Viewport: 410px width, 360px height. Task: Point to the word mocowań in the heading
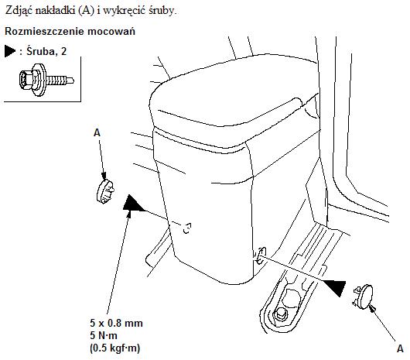[x=111, y=31]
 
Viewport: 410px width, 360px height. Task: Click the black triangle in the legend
[x=10, y=51]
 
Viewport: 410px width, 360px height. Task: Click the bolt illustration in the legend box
[x=46, y=80]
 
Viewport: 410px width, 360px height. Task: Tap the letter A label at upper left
[x=97, y=133]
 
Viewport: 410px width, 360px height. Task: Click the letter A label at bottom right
[x=400, y=348]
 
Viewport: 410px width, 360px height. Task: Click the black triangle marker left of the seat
[x=132, y=203]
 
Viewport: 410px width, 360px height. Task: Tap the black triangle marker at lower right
[x=335, y=287]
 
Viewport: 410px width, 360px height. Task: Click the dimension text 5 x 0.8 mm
[x=116, y=324]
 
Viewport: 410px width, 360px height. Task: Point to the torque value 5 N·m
[x=104, y=336]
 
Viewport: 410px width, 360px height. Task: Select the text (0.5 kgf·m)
[x=115, y=348]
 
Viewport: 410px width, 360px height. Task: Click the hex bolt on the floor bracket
[x=280, y=314]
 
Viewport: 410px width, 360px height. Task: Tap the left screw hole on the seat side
[x=186, y=228]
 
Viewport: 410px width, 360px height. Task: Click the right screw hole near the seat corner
[x=260, y=255]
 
